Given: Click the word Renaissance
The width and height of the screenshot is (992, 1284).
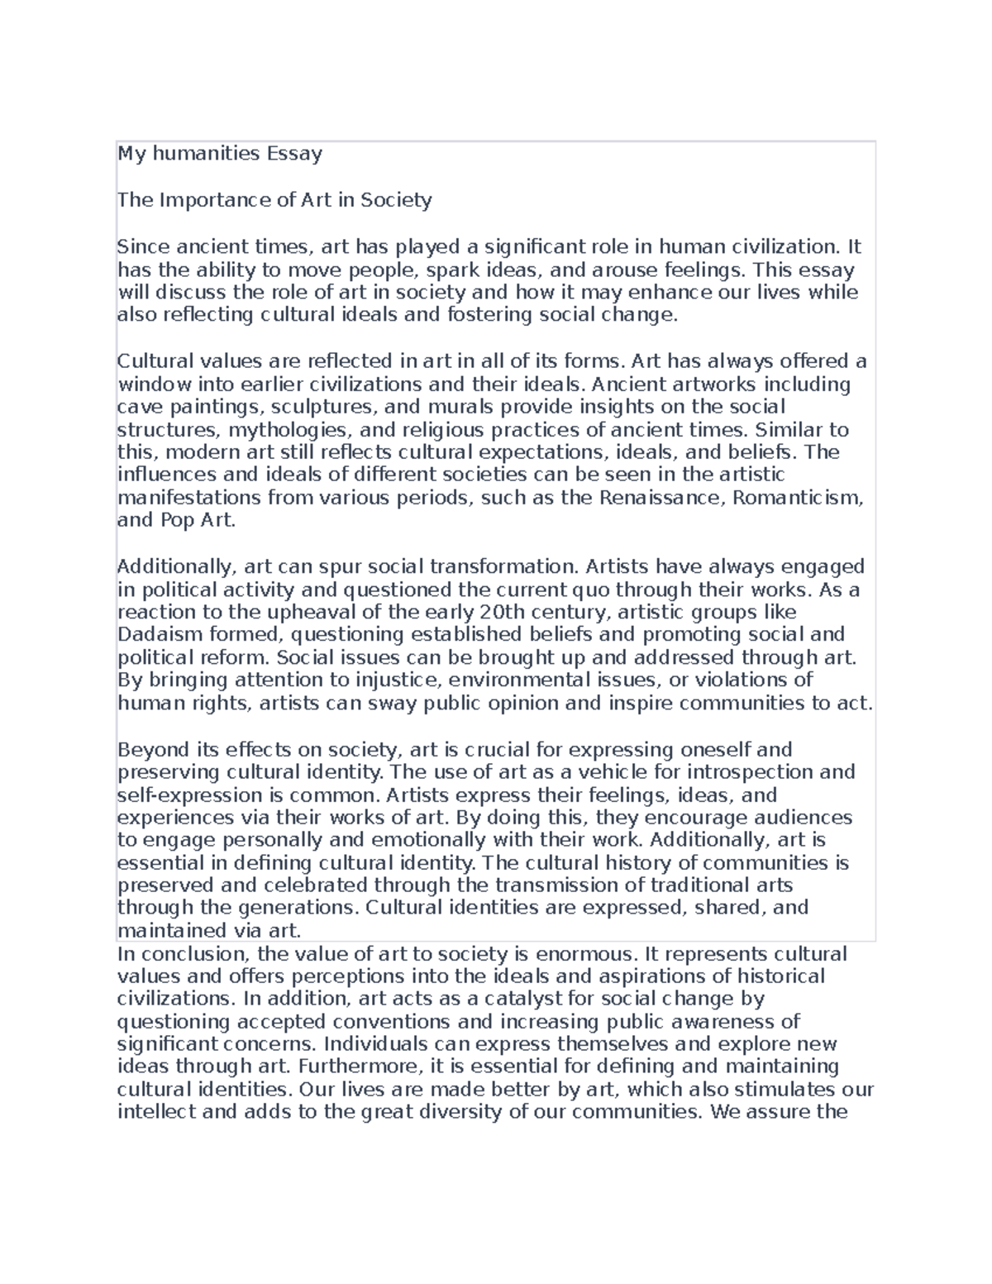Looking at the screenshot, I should tap(662, 499).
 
